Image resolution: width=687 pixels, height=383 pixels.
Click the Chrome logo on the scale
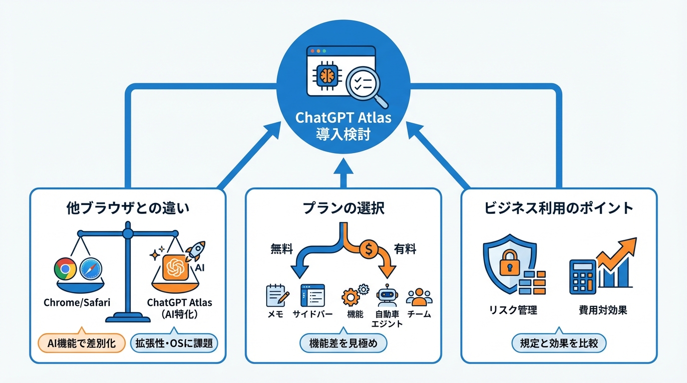click(x=65, y=269)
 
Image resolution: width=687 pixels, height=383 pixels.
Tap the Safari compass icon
click(x=90, y=269)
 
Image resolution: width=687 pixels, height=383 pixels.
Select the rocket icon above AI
click(x=196, y=251)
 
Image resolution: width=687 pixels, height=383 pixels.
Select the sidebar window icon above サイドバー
click(x=313, y=295)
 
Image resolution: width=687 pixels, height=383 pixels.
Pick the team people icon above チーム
click(x=419, y=297)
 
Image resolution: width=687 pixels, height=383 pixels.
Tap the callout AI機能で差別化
click(x=82, y=343)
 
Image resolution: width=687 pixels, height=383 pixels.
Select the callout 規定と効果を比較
click(x=559, y=343)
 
